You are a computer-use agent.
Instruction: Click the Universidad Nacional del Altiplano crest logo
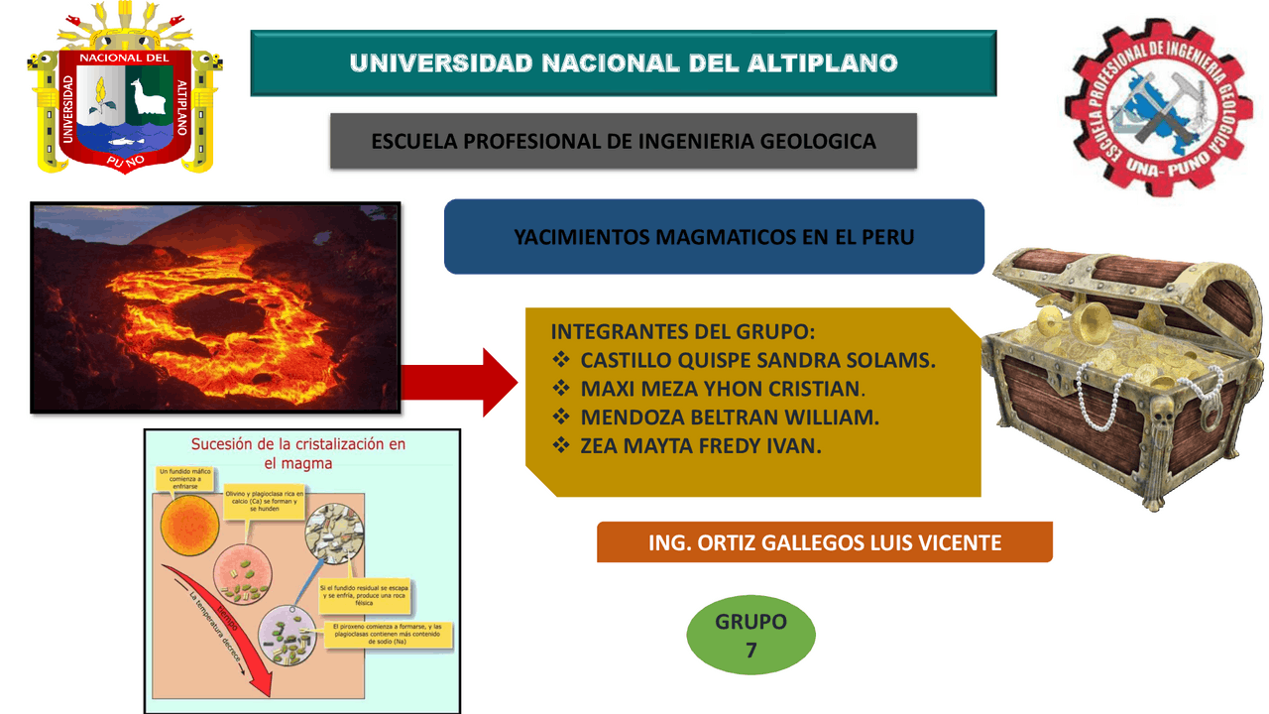pyautogui.click(x=123, y=89)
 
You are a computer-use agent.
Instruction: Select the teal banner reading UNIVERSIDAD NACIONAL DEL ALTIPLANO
pyautogui.click(x=624, y=63)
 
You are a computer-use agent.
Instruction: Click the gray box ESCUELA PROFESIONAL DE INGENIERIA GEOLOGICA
pyautogui.click(x=624, y=141)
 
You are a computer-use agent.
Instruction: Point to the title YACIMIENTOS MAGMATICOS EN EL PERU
pyautogui.click(x=714, y=237)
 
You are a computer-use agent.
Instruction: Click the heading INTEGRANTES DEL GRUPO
pyautogui.click(x=682, y=332)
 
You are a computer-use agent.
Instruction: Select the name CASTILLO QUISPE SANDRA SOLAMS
pyautogui.click(x=757, y=360)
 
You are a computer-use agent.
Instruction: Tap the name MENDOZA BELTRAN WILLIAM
pyautogui.click(x=730, y=417)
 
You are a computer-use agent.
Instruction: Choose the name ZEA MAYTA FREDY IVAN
pyautogui.click(x=701, y=446)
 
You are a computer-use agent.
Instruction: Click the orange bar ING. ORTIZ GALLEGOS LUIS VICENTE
pyautogui.click(x=824, y=542)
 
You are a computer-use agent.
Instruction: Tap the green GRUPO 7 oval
pyautogui.click(x=751, y=636)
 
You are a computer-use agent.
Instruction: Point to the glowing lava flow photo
pyautogui.click(x=215, y=307)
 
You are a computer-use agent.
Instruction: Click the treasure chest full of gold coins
pyautogui.click(x=1121, y=367)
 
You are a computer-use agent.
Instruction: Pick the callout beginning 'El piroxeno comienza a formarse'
pyautogui.click(x=388, y=635)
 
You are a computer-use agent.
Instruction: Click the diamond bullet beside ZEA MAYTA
pyautogui.click(x=562, y=445)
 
